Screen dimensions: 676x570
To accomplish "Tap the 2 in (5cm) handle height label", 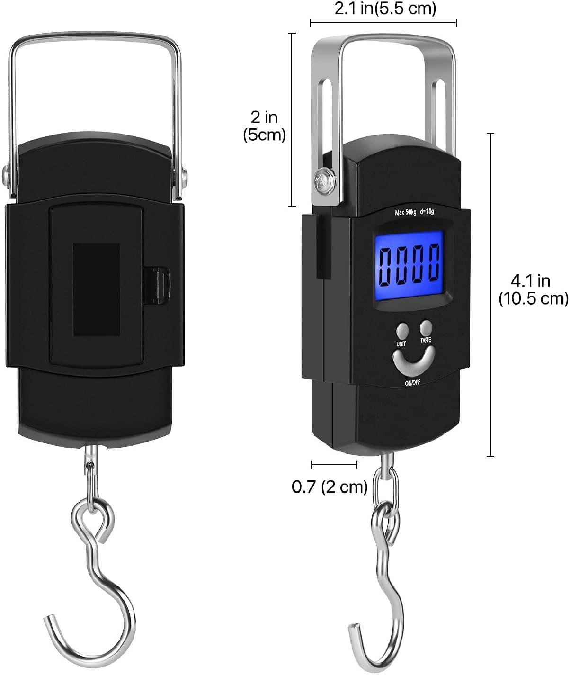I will pyautogui.click(x=264, y=126).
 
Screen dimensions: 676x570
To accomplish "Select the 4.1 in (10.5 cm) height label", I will pyautogui.click(x=532, y=289).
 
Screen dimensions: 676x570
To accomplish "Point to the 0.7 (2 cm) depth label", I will pyautogui.click(x=330, y=487).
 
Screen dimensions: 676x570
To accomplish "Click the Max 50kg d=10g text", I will pyautogui.click(x=413, y=212).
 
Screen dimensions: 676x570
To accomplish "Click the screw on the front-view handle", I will pyautogui.click(x=324, y=180).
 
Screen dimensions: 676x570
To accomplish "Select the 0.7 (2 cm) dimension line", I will pyautogui.click(x=334, y=464).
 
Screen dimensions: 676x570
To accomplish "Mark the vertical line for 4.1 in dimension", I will pyautogui.click(x=490, y=294).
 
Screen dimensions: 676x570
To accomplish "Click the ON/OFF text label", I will pyautogui.click(x=412, y=383).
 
